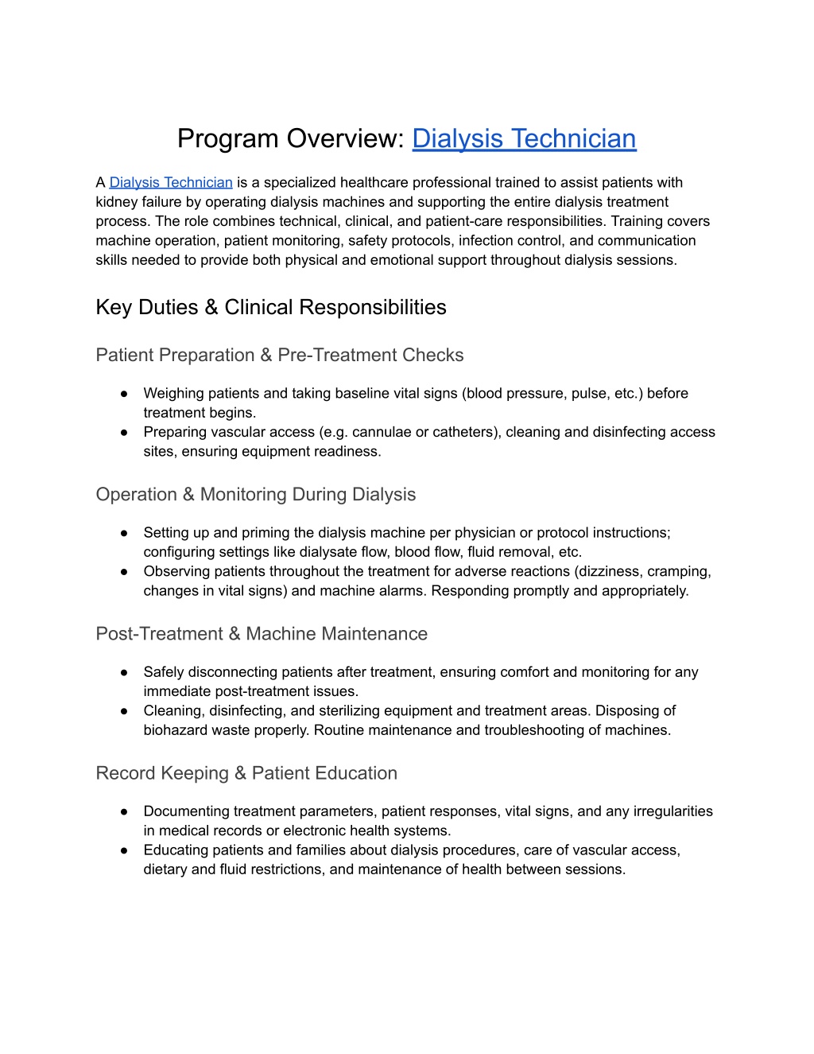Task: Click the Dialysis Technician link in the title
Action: tap(524, 138)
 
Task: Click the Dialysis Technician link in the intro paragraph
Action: tap(171, 183)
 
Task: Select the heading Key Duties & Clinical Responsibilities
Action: tap(271, 308)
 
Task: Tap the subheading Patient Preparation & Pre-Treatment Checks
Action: tap(280, 356)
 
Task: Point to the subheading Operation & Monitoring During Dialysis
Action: tap(256, 495)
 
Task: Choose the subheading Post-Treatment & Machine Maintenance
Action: tap(262, 634)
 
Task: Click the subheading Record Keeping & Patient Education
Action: tap(246, 773)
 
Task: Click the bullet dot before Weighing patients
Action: tap(125, 394)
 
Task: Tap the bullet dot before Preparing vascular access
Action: tap(125, 433)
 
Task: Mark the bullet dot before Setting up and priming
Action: tap(125, 533)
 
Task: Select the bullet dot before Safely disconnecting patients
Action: tap(125, 672)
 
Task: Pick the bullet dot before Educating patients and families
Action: tap(125, 850)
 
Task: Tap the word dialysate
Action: tap(327, 552)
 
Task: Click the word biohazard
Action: tap(176, 730)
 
